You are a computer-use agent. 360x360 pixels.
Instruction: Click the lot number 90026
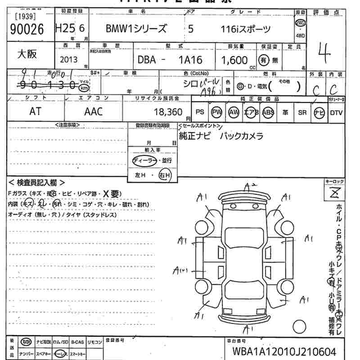coord(26,29)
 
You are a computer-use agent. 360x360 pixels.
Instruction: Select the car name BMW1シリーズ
coord(136,29)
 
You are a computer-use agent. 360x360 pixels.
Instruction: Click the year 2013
coord(68,59)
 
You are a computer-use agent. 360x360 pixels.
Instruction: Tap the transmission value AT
coord(35,112)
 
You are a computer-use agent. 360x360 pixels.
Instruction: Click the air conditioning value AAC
coord(93,112)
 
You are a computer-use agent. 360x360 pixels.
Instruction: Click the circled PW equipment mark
coord(217,112)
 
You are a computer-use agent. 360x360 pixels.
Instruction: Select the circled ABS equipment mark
coord(268,112)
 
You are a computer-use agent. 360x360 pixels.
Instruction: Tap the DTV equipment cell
coord(336,112)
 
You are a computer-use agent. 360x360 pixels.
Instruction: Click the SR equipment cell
coord(302,112)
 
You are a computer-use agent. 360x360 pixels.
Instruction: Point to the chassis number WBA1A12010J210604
coord(283,351)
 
